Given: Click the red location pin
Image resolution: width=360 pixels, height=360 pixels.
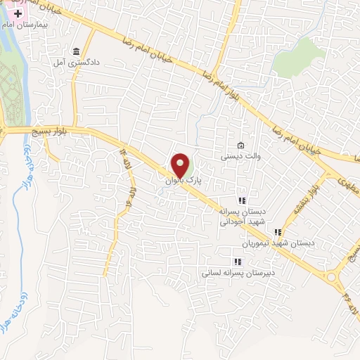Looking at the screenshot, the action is point(181,166).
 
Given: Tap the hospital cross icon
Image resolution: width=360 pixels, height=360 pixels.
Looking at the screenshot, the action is point(18,13).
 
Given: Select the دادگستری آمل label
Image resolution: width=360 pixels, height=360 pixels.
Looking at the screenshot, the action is point(75,62).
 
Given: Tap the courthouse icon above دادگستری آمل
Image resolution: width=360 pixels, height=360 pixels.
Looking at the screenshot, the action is point(75,51).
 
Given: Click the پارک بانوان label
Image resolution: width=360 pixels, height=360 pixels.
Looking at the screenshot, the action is point(184,181).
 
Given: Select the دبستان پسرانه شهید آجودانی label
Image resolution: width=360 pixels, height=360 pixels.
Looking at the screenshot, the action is point(242,217).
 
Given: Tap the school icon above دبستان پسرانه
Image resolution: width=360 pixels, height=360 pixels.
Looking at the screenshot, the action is point(242,200).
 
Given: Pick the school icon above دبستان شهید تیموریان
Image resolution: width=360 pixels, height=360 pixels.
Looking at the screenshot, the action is point(278,232).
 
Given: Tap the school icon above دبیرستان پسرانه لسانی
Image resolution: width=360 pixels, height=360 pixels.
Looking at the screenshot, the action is point(236,262).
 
